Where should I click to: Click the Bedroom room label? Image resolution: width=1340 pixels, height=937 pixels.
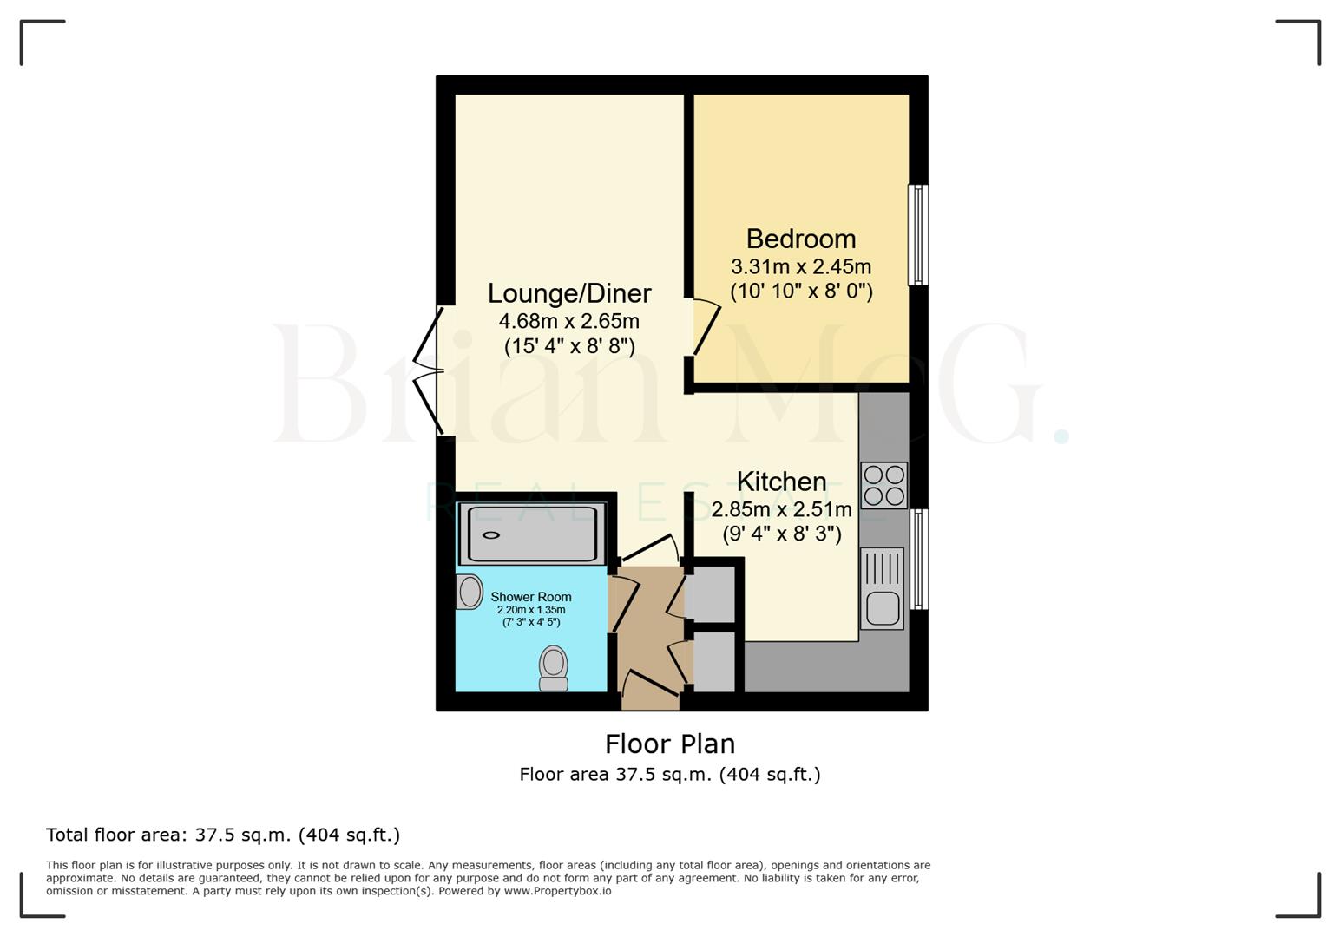(800, 239)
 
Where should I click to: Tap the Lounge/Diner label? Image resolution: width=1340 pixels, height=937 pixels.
(568, 293)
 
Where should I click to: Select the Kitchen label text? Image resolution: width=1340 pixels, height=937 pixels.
(781, 482)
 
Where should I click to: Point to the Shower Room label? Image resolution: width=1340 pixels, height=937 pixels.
(531, 597)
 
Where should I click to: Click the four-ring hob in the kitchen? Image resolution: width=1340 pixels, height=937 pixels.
(883, 485)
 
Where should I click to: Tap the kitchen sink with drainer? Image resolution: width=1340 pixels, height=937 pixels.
(882, 588)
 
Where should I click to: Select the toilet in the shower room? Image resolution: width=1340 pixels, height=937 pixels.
(554, 668)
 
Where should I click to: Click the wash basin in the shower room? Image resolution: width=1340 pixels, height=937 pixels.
(469, 592)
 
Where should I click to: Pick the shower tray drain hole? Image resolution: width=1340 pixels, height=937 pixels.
(492, 535)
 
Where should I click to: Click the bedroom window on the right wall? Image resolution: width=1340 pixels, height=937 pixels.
(917, 234)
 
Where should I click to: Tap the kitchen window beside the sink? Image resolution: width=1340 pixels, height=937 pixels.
(918, 559)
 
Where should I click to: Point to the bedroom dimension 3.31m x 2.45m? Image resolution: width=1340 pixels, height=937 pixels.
(800, 266)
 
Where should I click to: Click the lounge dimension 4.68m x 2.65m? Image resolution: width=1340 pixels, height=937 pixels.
(568, 321)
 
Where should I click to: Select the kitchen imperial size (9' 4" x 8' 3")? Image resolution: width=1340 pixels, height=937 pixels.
(781, 534)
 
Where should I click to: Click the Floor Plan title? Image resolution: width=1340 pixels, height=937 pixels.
(669, 744)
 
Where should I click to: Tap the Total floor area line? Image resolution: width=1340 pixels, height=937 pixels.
(223, 835)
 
